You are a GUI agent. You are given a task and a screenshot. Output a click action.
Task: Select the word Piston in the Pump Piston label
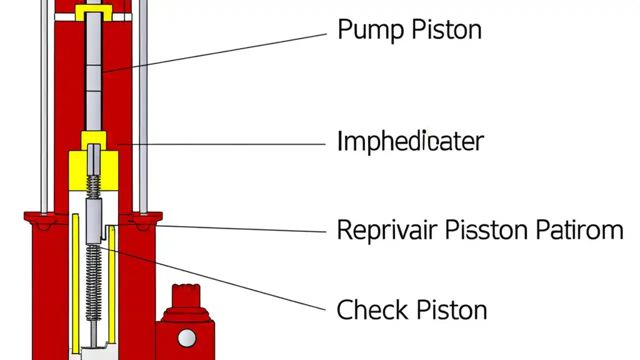446,29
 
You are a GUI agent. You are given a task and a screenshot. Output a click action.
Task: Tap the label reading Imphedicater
410,141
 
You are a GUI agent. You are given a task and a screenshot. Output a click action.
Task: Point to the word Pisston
486,230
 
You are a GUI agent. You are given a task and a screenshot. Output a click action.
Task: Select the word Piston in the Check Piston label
452,309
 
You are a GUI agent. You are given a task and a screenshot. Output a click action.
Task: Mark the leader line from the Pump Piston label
215,52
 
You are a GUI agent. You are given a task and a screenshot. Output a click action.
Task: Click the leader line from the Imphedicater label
220,144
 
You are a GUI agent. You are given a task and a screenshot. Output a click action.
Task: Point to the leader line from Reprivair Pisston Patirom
240,228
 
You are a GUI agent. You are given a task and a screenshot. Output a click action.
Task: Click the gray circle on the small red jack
186,338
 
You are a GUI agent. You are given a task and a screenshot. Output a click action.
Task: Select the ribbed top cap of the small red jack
186,295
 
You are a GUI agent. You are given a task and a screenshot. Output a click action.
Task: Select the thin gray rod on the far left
44,105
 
